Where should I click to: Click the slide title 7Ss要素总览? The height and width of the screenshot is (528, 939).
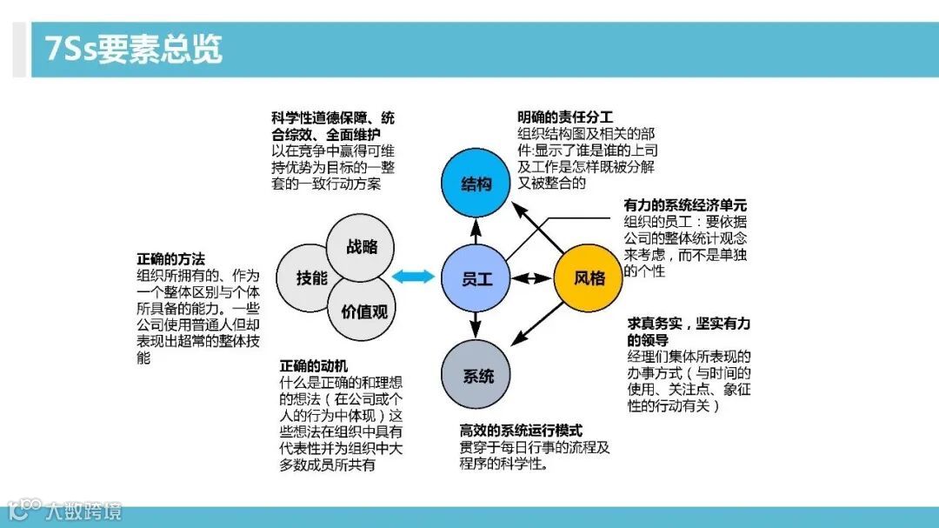(127, 50)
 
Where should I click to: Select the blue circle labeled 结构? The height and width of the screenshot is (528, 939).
(476, 184)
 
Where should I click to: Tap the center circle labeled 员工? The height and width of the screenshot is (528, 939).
(476, 278)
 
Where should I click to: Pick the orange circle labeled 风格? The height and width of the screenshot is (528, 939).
(589, 278)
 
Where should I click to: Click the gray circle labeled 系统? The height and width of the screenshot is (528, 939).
(477, 376)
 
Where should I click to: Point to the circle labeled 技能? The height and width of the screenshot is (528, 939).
(311, 278)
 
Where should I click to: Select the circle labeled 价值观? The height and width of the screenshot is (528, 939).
(364, 311)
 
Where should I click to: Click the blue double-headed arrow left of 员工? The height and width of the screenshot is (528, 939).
(412, 277)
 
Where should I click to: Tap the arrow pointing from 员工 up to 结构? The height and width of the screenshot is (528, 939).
(476, 231)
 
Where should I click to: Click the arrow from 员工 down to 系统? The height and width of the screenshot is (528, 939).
(476, 325)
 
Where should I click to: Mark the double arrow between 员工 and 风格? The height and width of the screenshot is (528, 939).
(532, 278)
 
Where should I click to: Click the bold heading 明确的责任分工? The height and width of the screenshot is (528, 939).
(564, 117)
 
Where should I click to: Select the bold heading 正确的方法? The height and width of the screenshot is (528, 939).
(170, 258)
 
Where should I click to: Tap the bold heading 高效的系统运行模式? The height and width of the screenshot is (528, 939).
(521, 431)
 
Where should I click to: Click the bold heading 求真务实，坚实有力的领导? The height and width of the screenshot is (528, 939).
(689, 331)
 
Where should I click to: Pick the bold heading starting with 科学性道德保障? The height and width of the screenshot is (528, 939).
(333, 125)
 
